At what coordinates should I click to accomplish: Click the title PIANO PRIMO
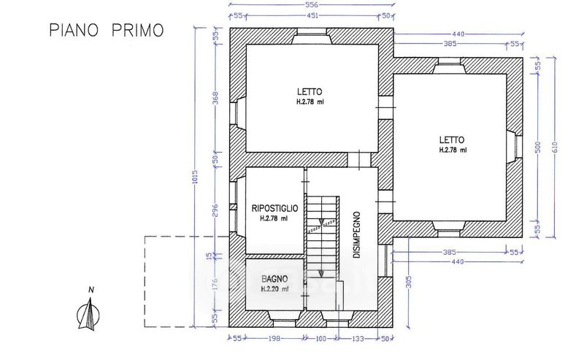(107, 30)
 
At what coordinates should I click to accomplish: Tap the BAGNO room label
(274, 279)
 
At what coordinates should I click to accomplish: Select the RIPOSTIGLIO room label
(275, 208)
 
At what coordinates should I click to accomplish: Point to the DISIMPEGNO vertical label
(356, 235)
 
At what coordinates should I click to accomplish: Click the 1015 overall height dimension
(196, 177)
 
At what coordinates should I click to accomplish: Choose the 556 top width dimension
(312, 5)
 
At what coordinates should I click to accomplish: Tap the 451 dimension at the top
(312, 15)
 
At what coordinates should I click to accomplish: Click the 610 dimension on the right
(555, 148)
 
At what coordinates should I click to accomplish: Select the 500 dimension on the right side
(537, 148)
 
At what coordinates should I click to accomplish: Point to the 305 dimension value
(409, 282)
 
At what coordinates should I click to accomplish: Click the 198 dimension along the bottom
(274, 339)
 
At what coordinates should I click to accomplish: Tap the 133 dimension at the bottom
(358, 339)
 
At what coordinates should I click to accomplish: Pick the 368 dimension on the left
(215, 99)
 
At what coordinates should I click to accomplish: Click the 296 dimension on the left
(215, 210)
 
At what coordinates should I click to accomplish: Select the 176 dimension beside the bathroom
(215, 286)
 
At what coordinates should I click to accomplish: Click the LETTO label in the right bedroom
(452, 140)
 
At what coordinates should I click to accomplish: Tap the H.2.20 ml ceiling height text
(274, 289)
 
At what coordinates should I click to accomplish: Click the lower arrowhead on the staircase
(321, 275)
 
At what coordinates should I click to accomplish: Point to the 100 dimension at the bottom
(320, 339)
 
